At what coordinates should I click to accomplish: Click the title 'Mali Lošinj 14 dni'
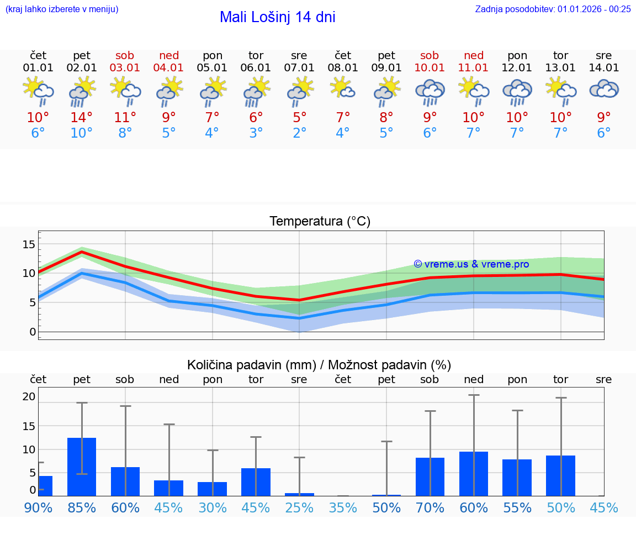277,17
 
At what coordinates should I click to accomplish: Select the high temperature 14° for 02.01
82,118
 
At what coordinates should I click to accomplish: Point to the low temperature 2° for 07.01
299,133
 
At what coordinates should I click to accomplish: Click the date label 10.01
430,68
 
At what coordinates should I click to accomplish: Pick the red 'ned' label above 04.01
169,56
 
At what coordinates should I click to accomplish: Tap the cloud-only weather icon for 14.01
603,89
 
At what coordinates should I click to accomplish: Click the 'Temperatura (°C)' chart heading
320,222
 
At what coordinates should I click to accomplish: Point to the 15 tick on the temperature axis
29,244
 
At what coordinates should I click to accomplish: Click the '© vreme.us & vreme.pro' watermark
471,264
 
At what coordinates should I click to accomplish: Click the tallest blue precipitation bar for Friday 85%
82,467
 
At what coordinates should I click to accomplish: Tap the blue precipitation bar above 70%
430,477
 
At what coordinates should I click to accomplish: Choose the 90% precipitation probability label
38,507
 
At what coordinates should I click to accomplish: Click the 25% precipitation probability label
299,507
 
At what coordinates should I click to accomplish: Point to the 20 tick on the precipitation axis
29,396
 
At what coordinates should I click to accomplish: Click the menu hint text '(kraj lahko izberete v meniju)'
62,9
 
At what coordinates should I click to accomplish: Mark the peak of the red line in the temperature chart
82,252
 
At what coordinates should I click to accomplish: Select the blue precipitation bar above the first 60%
125,481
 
